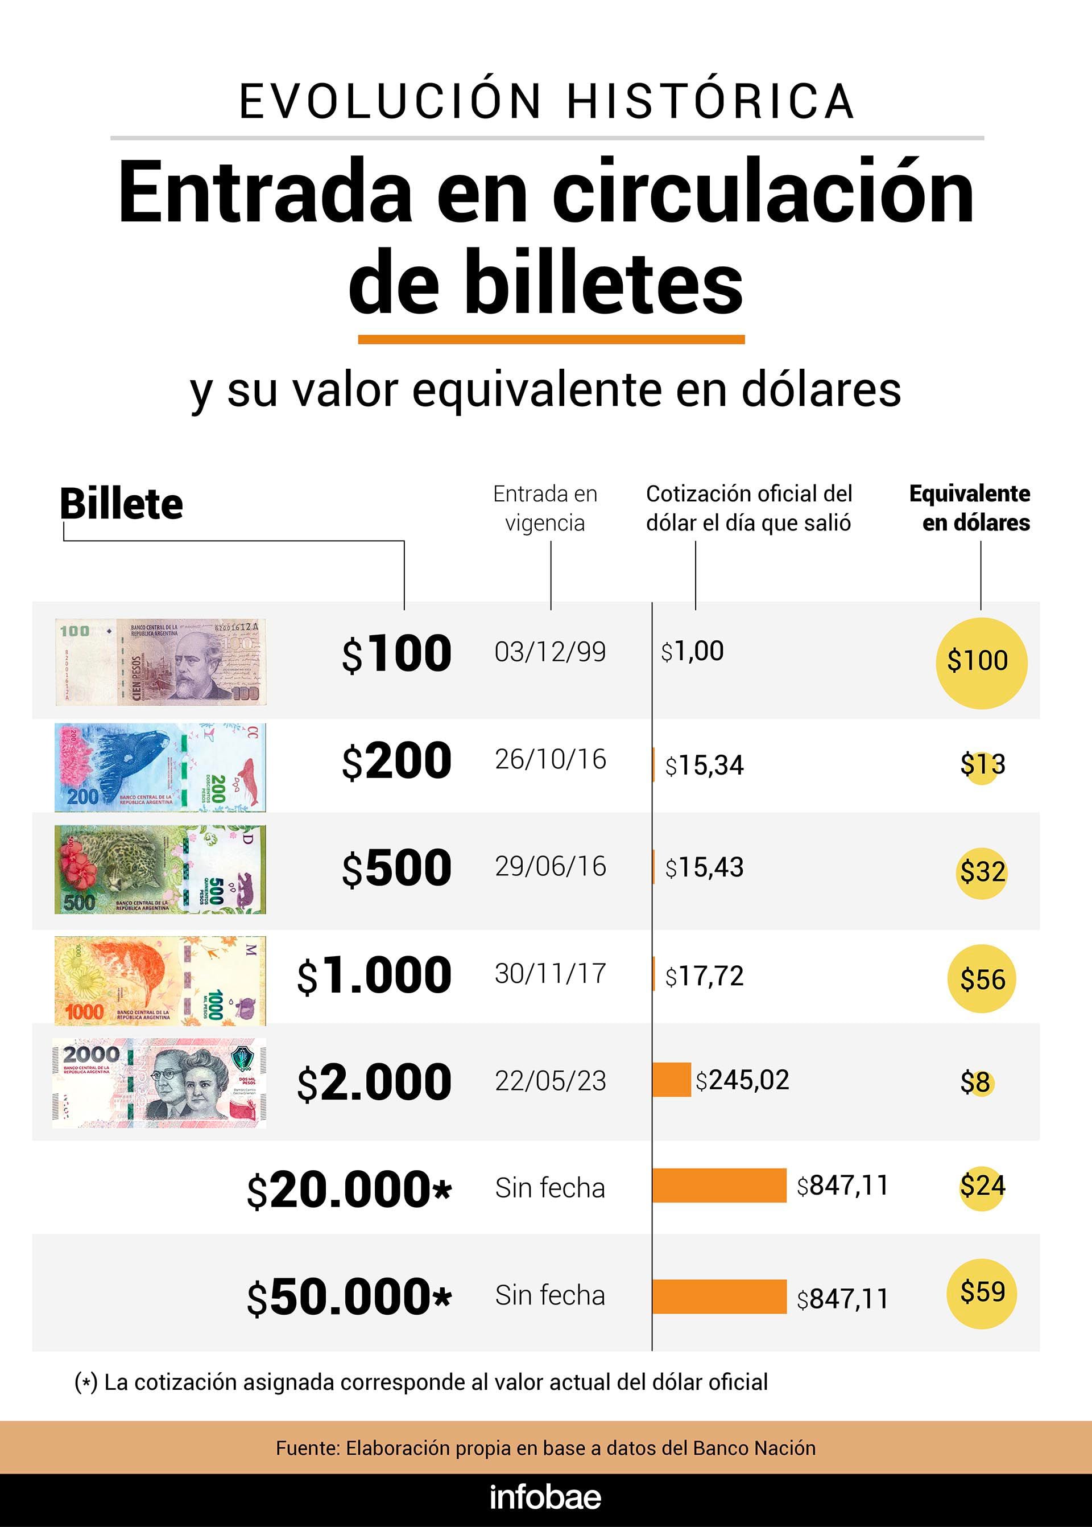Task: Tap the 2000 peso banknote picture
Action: tap(159, 1083)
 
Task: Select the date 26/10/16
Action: tap(550, 759)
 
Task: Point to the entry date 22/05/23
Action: tap(550, 1081)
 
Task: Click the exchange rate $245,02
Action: tap(742, 1080)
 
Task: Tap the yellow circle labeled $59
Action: tap(981, 1293)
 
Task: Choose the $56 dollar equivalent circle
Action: tap(981, 979)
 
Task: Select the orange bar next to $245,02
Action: tap(671, 1080)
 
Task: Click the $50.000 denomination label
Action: tap(349, 1297)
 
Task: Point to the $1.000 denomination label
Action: tap(374, 976)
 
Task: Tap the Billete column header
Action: tap(121, 504)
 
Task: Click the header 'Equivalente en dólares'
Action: tap(969, 508)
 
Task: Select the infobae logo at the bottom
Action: tap(545, 1497)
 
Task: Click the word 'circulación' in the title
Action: tap(763, 192)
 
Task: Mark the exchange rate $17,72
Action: tap(704, 976)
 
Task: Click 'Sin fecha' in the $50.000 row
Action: tap(550, 1295)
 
